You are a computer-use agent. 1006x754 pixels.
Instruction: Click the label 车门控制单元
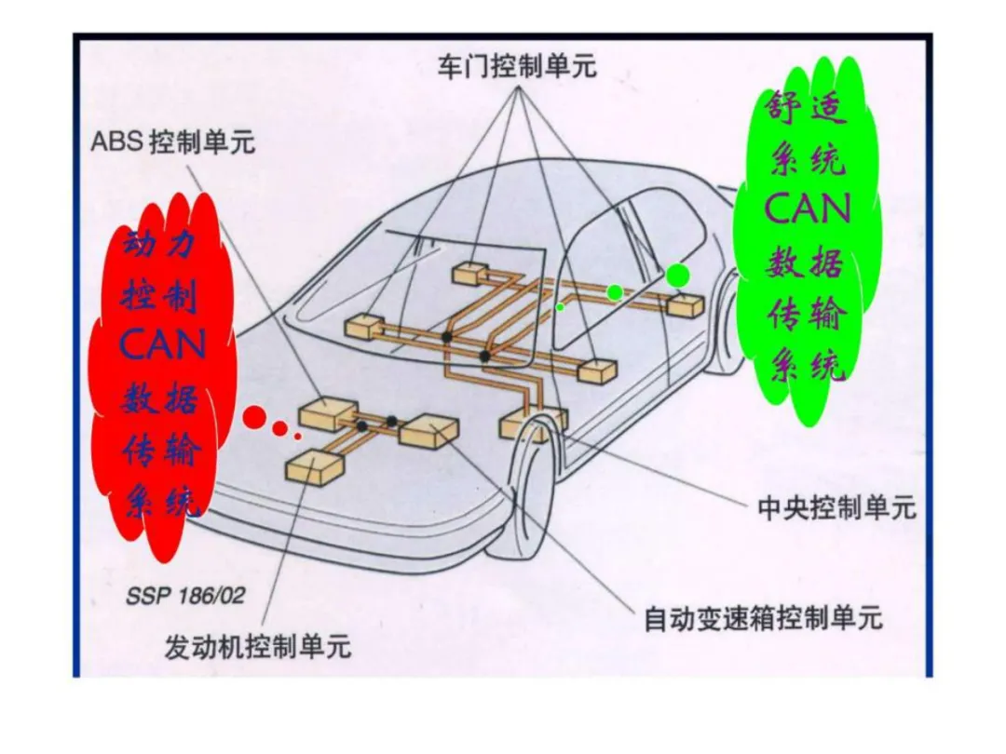[x=517, y=67]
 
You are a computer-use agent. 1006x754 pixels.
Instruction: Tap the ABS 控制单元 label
[x=172, y=142]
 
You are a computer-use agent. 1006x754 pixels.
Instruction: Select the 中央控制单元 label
[x=836, y=508]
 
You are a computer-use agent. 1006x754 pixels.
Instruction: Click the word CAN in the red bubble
[x=162, y=346]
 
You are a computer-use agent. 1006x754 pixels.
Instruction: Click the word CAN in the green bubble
[x=808, y=209]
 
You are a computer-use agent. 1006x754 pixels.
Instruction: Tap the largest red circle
[x=254, y=417]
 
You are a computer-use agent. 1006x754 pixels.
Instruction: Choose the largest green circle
[x=678, y=275]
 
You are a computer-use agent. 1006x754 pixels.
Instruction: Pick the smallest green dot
[x=560, y=306]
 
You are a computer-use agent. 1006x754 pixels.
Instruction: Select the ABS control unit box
[x=327, y=413]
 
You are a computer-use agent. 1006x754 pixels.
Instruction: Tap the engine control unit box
[x=314, y=465]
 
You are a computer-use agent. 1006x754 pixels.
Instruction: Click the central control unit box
[x=533, y=423]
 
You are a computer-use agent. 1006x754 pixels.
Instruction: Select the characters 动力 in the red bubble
[x=162, y=247]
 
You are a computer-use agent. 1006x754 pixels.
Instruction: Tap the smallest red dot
[x=297, y=435]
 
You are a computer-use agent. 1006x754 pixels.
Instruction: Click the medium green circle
[x=615, y=292]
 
